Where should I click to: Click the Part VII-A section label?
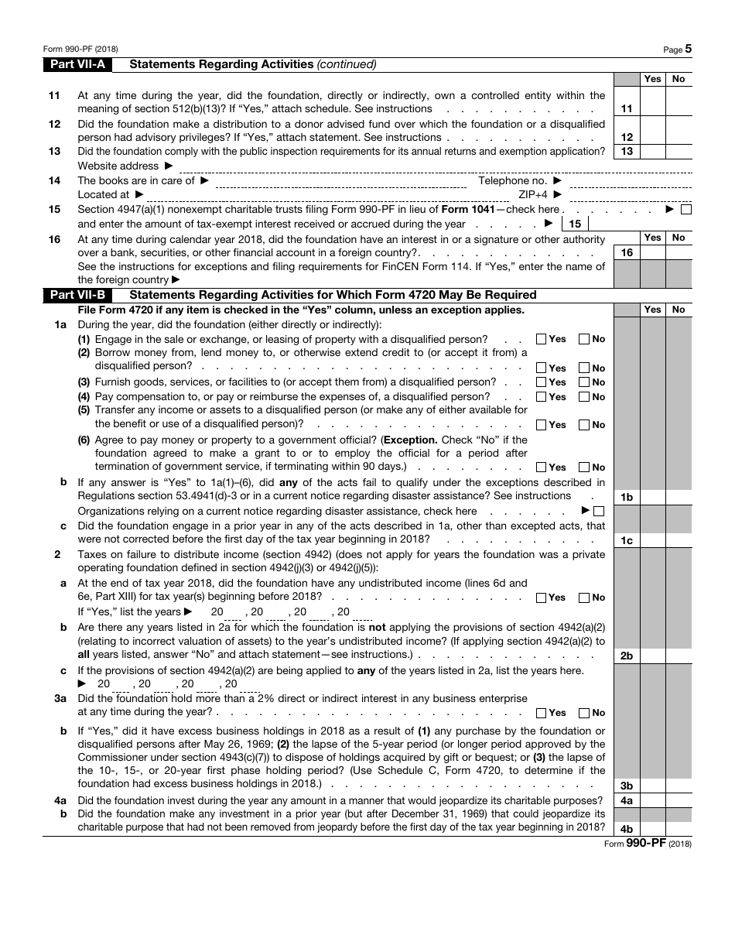[x=77, y=64]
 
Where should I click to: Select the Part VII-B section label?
[x=77, y=294]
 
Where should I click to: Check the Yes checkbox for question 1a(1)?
[x=541, y=339]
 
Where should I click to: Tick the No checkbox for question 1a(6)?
[x=584, y=467]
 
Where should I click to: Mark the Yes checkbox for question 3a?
[x=541, y=713]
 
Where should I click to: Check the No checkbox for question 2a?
[x=584, y=598]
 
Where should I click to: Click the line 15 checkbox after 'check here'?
[x=685, y=209]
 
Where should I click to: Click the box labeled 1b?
[x=627, y=497]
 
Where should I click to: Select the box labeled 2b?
[x=627, y=656]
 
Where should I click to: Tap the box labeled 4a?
[x=627, y=800]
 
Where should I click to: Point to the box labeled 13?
[x=627, y=151]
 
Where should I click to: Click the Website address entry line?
[x=433, y=166]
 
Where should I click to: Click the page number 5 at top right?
[x=688, y=49]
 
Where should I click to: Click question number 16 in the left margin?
[x=54, y=239]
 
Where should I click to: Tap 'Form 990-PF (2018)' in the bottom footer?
[x=648, y=844]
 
